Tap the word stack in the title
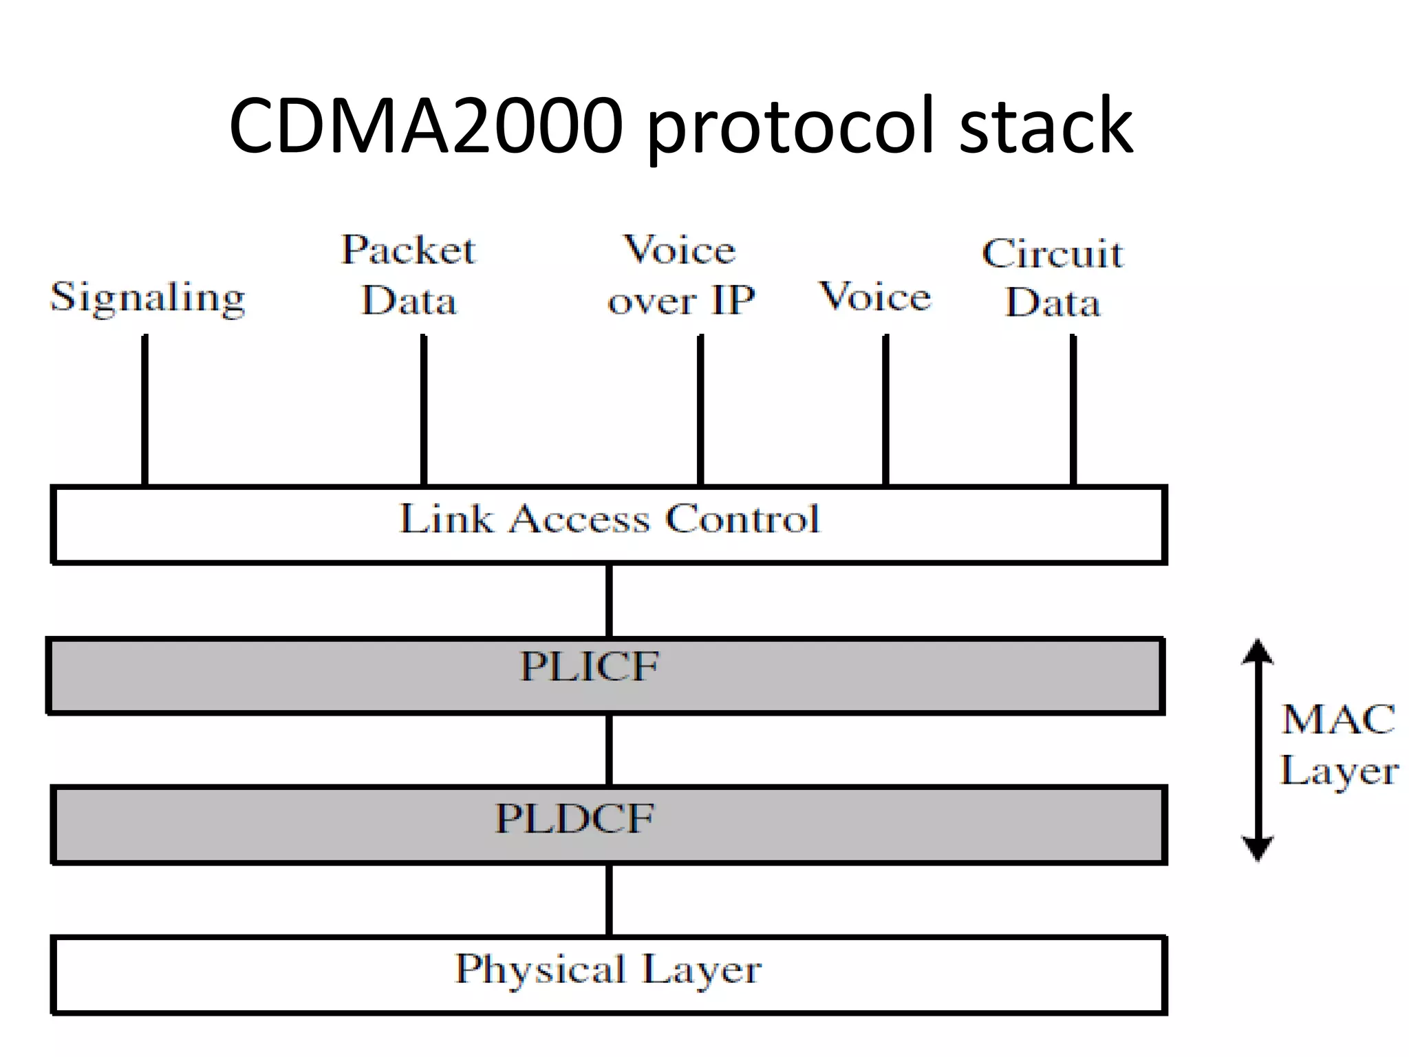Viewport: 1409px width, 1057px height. [x=1045, y=126]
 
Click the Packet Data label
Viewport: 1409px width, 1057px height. [x=409, y=275]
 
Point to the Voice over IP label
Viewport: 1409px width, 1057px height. [x=680, y=275]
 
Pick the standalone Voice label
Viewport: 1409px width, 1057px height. [x=875, y=297]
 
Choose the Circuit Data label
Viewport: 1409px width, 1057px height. [x=1052, y=278]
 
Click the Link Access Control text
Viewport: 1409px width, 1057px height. [x=610, y=520]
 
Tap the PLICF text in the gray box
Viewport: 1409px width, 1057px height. [x=589, y=666]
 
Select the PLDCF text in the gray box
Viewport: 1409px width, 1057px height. [x=574, y=818]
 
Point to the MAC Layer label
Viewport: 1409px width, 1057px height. [x=1338, y=745]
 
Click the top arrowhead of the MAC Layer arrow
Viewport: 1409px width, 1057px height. [x=1258, y=650]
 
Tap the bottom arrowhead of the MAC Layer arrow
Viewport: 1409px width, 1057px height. [x=1258, y=848]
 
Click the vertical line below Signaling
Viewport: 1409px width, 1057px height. [x=144, y=409]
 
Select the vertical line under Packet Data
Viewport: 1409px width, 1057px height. [x=423, y=409]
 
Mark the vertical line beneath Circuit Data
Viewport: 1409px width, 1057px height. [x=1073, y=409]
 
